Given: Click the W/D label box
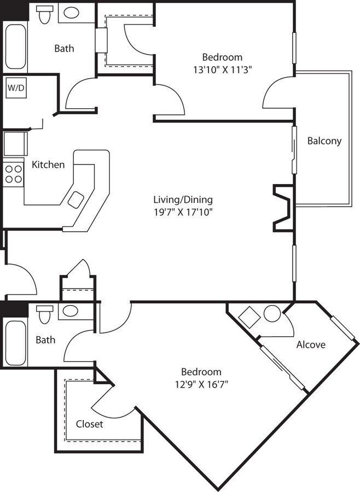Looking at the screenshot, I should pos(15,88).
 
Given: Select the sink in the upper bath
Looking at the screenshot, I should pos(71,13).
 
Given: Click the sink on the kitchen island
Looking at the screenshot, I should pos(76,200).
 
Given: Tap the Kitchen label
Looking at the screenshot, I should pos(48,165).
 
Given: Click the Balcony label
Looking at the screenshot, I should pos(324,140).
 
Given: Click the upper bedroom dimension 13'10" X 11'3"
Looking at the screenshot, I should pos(222,69).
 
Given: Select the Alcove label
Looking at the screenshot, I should pos(311,344).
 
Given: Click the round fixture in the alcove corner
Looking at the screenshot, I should pos(272,314).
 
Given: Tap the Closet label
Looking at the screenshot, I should pos(89,424).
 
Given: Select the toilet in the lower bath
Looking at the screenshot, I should pos(44,314).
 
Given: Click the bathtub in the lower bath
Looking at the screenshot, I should pos(15,342).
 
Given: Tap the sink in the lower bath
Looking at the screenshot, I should pos(70,312).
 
